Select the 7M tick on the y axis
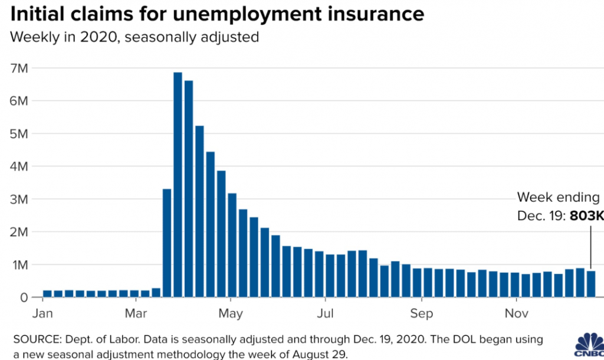pyautogui.click(x=19, y=68)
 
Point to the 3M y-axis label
pyautogui.click(x=19, y=199)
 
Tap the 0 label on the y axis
pyautogui.click(x=24, y=298)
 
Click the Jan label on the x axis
pyautogui.click(x=42, y=313)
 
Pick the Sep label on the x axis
pyautogui.click(x=422, y=313)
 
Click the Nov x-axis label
pyautogui.click(x=517, y=313)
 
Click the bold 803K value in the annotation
pyautogui.click(x=586, y=216)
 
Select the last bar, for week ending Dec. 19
pyautogui.click(x=591, y=284)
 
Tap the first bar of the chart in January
pyautogui.click(x=48, y=293)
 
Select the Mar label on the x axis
pyautogui.click(x=137, y=313)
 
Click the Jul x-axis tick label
pyautogui.click(x=326, y=313)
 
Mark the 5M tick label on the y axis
pyautogui.click(x=19, y=134)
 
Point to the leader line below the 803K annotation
pyautogui.click(x=591, y=248)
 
